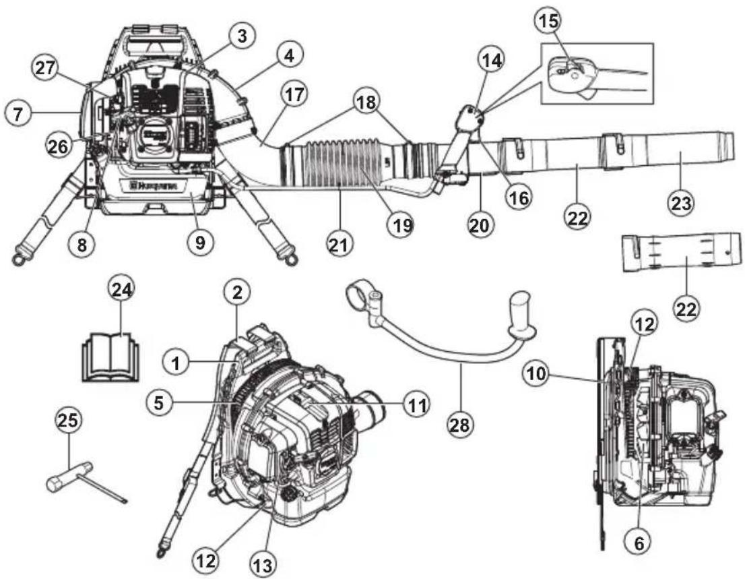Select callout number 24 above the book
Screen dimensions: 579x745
point(122,291)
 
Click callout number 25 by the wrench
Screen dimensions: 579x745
point(69,422)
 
